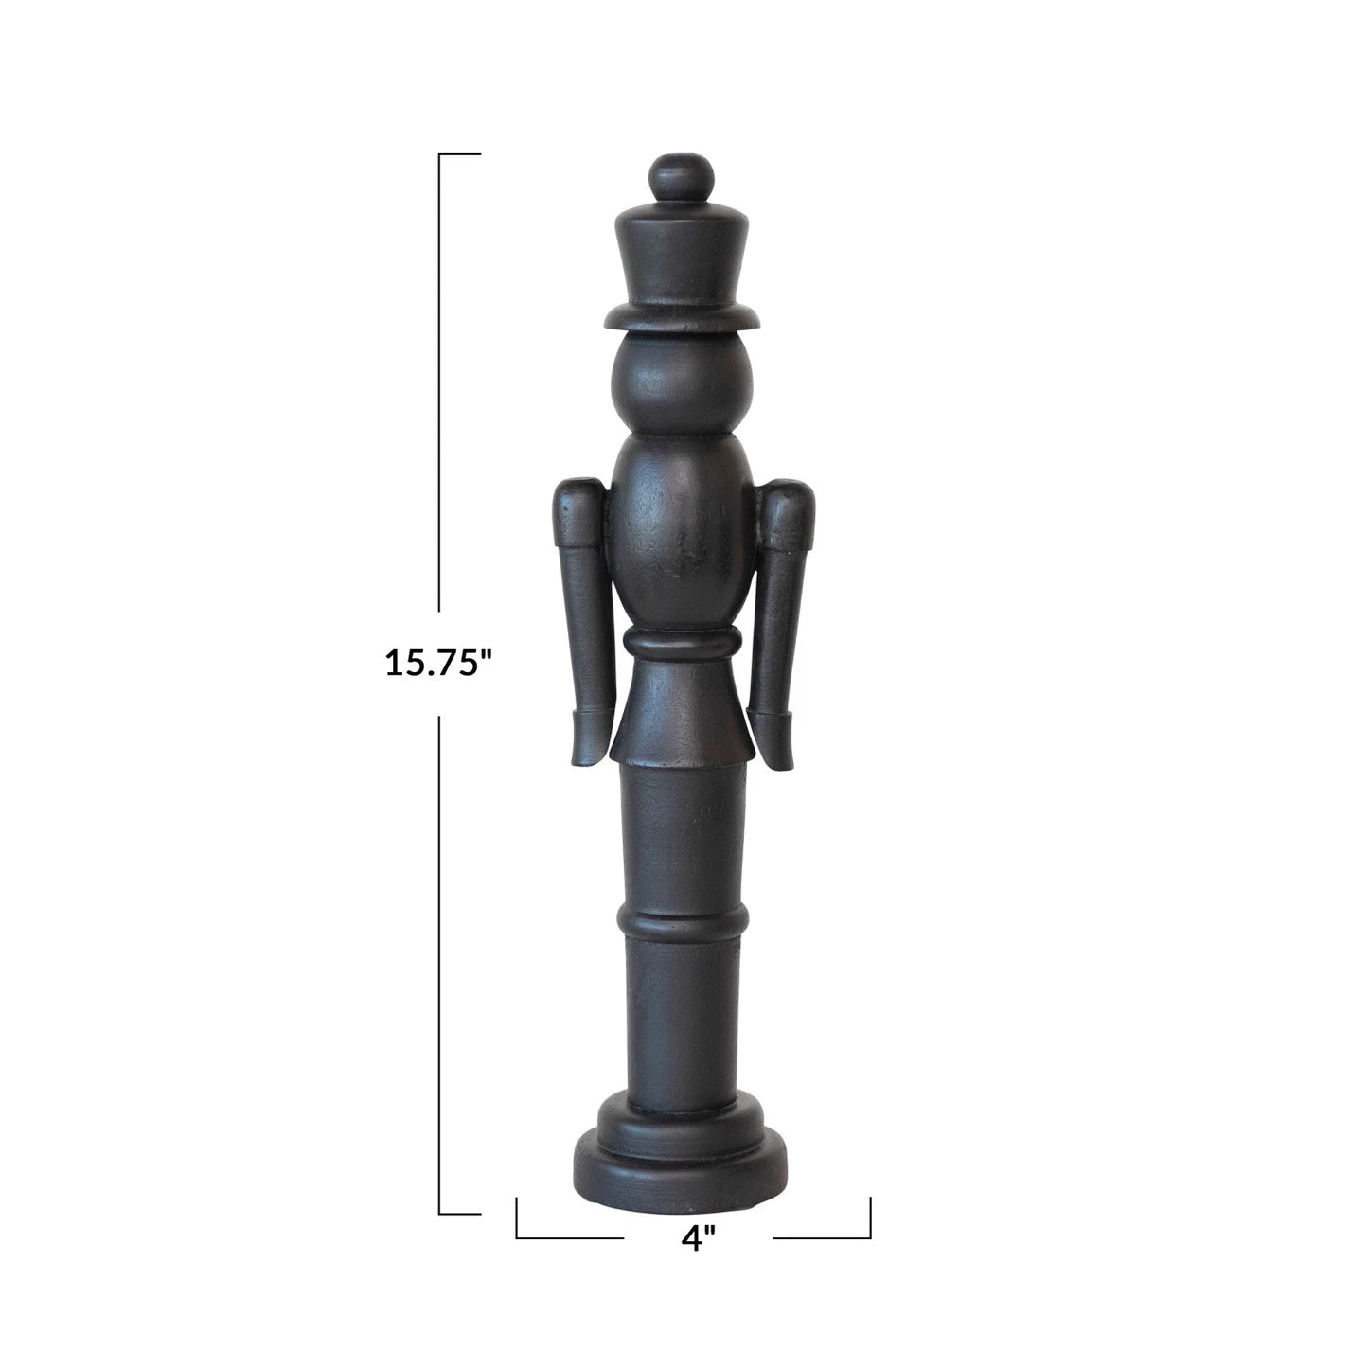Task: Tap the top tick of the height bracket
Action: click(x=460, y=153)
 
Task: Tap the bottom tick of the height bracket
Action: click(x=460, y=1213)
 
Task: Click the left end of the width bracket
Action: click(x=517, y=1217)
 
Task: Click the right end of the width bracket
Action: click(x=869, y=1217)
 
